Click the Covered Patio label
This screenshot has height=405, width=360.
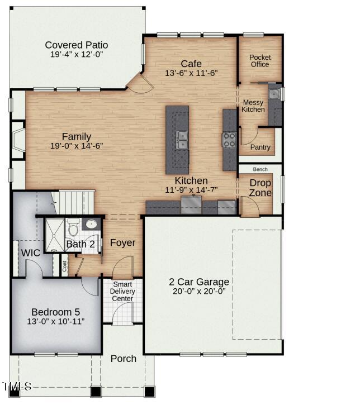pyautogui.click(x=77, y=45)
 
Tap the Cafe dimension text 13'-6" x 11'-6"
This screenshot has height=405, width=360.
pyautogui.click(x=191, y=73)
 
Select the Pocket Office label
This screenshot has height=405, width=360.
pyautogui.click(x=260, y=61)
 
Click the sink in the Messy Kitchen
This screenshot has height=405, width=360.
pyautogui.click(x=274, y=94)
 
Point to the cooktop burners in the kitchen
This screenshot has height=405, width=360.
pyautogui.click(x=229, y=140)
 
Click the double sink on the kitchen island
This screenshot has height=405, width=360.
pyautogui.click(x=182, y=140)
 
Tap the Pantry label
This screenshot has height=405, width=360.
pyautogui.click(x=260, y=147)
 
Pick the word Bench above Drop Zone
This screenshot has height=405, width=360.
pyautogui.click(x=260, y=169)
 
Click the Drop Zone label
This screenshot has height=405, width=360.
pyautogui.click(x=260, y=188)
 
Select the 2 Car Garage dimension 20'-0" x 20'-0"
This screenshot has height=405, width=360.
pyautogui.click(x=199, y=291)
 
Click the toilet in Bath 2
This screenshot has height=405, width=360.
pyautogui.click(x=73, y=228)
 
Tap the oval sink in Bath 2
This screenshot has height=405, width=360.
pyautogui.click(x=91, y=224)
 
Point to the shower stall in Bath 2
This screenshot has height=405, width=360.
pyautogui.click(x=55, y=235)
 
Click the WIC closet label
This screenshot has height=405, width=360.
pyautogui.click(x=31, y=253)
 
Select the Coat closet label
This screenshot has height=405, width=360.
pyautogui.click(x=64, y=266)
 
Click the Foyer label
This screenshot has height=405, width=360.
pyautogui.click(x=122, y=242)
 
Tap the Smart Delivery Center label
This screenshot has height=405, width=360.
pyautogui.click(x=122, y=292)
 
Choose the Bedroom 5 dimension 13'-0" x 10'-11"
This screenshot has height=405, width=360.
pyautogui.click(x=56, y=321)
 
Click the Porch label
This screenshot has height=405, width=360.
pyautogui.click(x=124, y=359)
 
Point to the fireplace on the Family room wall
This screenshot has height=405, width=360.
pyautogui.click(x=18, y=140)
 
